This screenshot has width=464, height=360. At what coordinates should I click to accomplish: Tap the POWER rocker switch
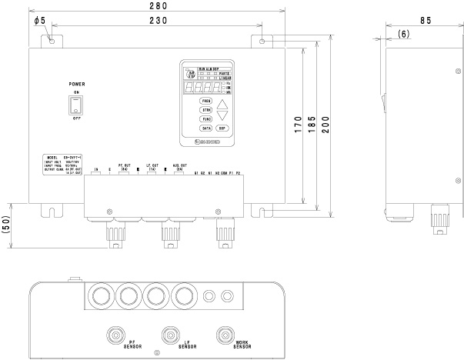point(76,113)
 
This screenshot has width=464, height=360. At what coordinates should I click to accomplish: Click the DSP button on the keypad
point(222,128)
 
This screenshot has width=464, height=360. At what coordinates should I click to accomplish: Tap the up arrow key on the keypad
point(222,104)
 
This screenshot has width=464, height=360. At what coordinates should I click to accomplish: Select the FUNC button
point(206,119)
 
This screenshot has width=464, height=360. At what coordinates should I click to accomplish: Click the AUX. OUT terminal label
point(178,166)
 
